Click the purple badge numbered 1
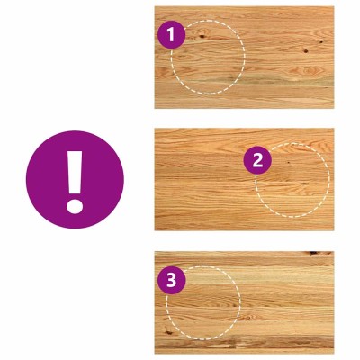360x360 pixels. click(x=172, y=35)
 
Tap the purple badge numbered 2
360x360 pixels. click(x=257, y=160)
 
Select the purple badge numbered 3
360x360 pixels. click(x=172, y=281)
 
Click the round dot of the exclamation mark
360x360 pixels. click(x=75, y=206)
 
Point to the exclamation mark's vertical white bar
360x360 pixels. click(x=75, y=172)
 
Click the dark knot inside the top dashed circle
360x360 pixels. click(x=202, y=37)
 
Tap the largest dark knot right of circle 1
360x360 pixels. click(x=306, y=51)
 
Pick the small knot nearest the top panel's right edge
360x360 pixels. click(x=321, y=42)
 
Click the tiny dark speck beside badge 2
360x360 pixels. click(x=288, y=163)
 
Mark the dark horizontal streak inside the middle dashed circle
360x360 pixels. click(x=305, y=184)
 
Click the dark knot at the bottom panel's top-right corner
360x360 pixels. click(x=313, y=253)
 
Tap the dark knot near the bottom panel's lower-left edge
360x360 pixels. click(x=168, y=332)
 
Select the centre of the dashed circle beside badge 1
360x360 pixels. click(x=208, y=58)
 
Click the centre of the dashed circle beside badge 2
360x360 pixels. click(x=292, y=180)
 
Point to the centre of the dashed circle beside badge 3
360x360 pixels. click(x=203, y=302)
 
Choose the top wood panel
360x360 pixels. click(x=244, y=58)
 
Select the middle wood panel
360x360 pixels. click(x=244, y=179)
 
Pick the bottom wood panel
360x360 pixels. click(x=244, y=302)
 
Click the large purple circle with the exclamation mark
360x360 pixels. click(x=75, y=179)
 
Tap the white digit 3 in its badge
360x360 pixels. click(x=172, y=281)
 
